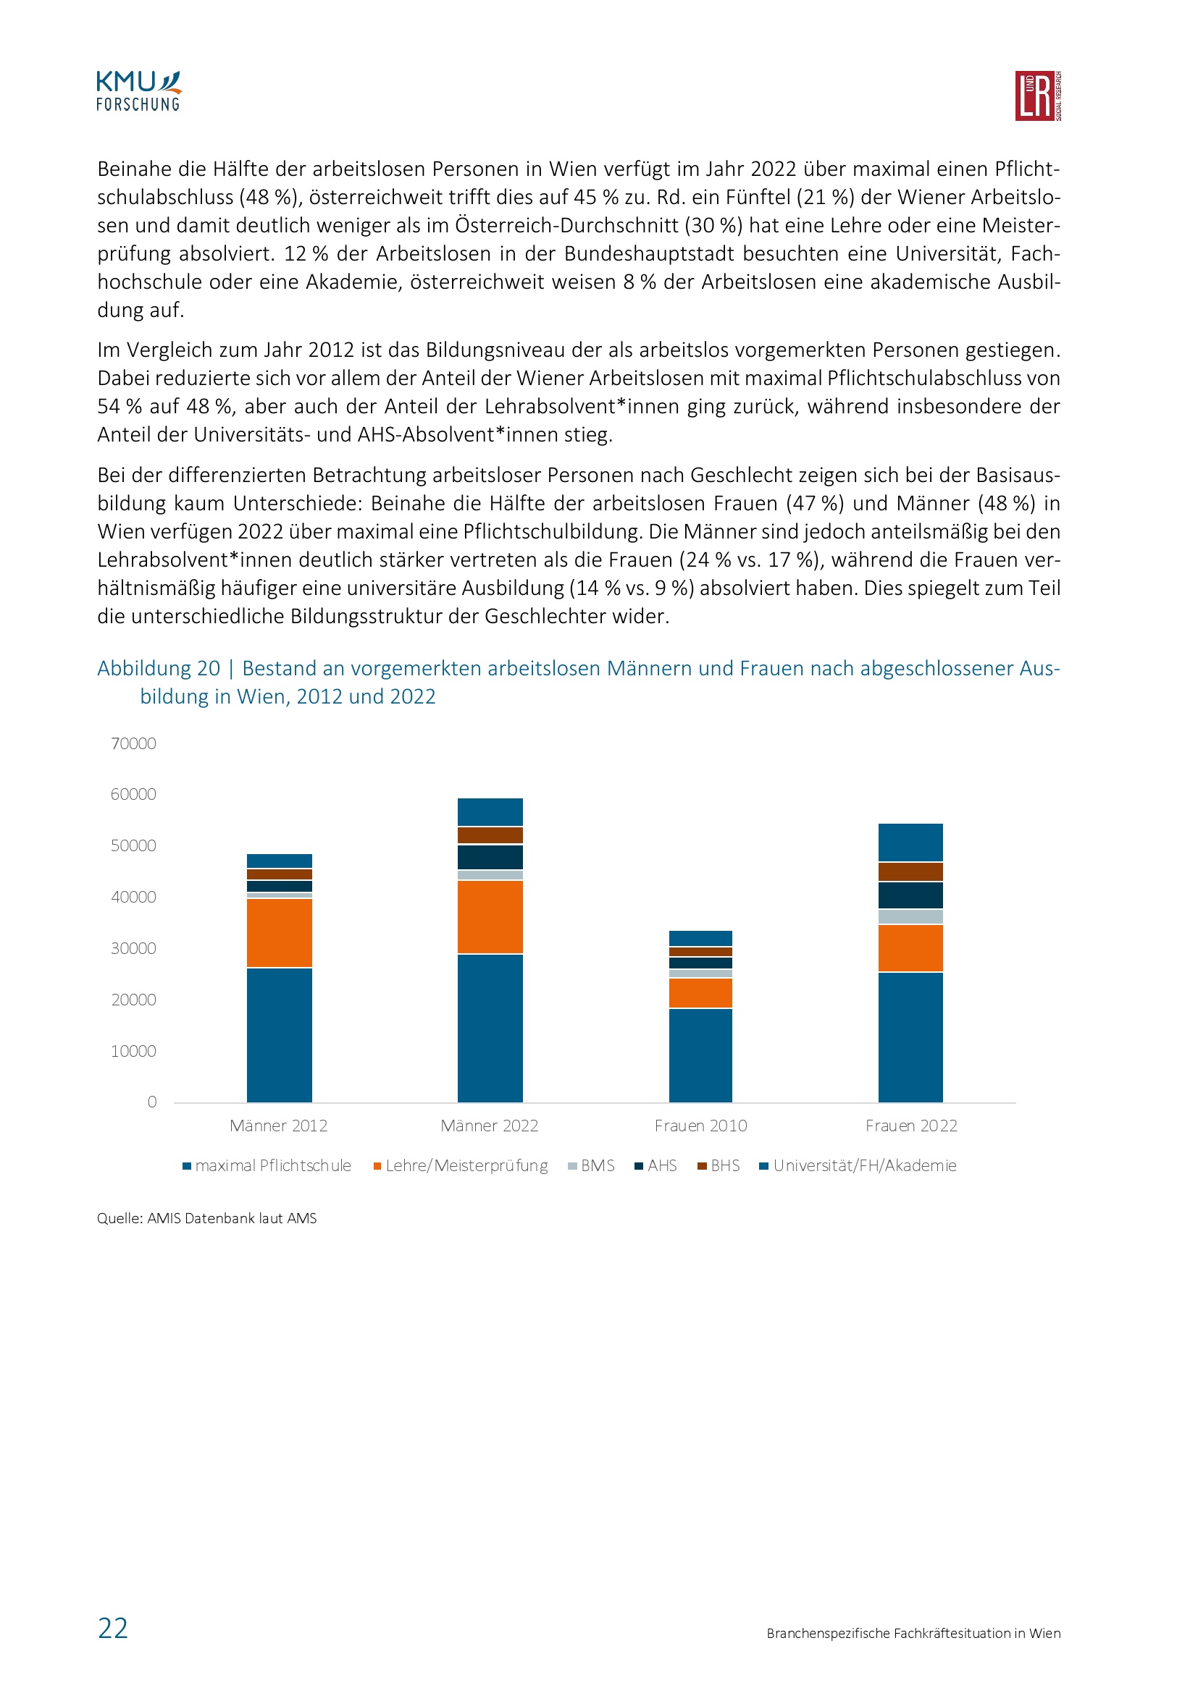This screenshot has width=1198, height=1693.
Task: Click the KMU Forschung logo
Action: (138, 91)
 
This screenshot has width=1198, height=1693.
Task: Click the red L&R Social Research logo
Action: (1037, 96)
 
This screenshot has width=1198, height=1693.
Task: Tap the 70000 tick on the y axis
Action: (133, 743)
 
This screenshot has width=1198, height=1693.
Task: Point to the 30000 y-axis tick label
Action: (133, 948)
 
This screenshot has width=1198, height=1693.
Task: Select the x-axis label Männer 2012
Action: (278, 1126)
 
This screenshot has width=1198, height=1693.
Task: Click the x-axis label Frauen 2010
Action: (700, 1126)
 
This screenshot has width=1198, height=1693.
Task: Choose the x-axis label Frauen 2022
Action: (911, 1126)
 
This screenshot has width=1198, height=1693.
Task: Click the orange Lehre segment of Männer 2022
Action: (490, 917)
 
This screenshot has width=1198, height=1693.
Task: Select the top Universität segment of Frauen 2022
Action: (910, 842)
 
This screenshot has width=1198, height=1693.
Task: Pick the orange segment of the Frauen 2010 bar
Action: (700, 992)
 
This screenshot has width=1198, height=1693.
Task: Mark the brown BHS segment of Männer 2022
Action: (490, 835)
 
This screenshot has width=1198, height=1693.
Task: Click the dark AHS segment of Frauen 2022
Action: (910, 895)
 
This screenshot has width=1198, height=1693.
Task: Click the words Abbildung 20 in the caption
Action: (159, 668)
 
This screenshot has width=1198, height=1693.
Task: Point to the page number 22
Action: (113, 1628)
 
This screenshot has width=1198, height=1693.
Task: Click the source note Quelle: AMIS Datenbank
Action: (206, 1218)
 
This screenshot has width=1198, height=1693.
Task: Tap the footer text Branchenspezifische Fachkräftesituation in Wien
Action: (913, 1633)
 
